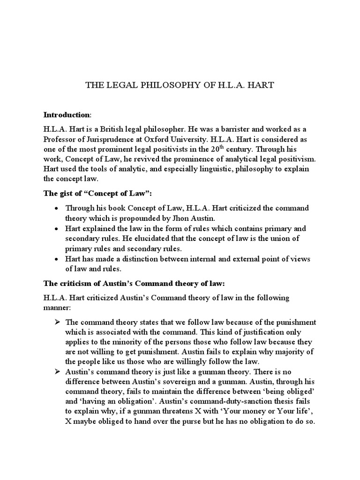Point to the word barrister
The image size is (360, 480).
tap(223, 128)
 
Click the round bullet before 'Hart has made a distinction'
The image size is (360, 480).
tap(57, 259)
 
